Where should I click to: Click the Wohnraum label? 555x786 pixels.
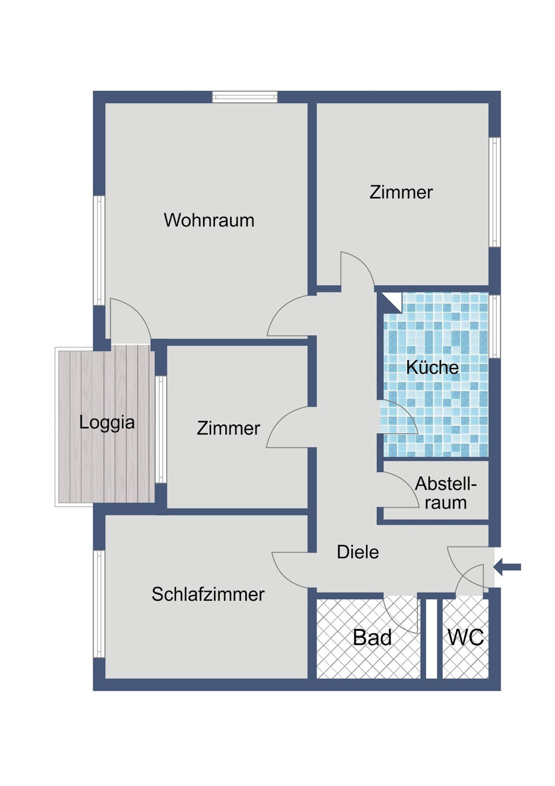point(209,220)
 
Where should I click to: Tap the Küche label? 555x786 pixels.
point(432,367)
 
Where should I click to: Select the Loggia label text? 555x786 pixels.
point(107,422)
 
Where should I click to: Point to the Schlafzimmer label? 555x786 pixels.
point(208,594)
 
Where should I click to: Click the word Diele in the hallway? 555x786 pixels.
point(357,552)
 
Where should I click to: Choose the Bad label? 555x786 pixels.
point(372,638)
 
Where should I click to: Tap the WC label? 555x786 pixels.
point(465,638)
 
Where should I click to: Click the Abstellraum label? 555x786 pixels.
point(445,493)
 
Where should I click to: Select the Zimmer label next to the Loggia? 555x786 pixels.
point(228,428)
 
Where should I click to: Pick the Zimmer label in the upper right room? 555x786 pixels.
point(401,192)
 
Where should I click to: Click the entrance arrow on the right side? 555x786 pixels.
point(507,567)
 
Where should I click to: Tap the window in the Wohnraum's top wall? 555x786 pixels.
point(244,97)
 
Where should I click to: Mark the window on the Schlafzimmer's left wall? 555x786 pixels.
point(99,604)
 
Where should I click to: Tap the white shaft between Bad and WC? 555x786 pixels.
point(431,638)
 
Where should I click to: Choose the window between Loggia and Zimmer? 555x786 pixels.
point(160,429)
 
